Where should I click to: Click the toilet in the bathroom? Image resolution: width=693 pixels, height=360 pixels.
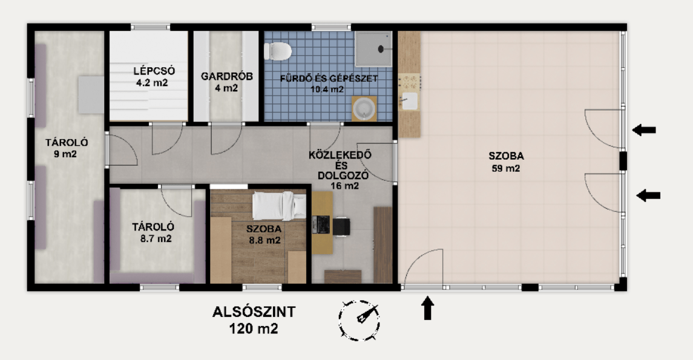(x=278, y=50)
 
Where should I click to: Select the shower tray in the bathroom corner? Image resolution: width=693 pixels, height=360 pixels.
(x=373, y=48)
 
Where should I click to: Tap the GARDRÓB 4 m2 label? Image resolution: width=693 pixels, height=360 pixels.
(x=227, y=82)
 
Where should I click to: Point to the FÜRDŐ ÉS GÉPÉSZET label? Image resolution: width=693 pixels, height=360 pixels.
(x=329, y=83)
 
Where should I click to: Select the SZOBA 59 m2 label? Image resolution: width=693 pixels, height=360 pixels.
(x=507, y=162)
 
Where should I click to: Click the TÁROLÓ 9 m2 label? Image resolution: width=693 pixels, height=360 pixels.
(x=67, y=148)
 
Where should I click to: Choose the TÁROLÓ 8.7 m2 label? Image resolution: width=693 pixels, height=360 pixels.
(x=153, y=232)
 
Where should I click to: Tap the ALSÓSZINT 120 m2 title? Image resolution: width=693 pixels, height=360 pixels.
(x=254, y=321)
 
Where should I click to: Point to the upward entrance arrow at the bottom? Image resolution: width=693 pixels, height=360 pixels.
(x=427, y=308)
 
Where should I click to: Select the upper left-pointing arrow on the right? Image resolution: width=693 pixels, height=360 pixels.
(x=644, y=129)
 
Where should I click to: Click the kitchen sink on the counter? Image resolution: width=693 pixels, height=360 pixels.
(x=410, y=101)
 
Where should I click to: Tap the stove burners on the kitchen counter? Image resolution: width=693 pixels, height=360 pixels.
(x=409, y=81)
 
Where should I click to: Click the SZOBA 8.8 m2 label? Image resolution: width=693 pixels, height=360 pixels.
(x=263, y=234)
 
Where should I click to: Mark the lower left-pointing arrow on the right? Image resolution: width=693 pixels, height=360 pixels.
(x=648, y=195)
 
